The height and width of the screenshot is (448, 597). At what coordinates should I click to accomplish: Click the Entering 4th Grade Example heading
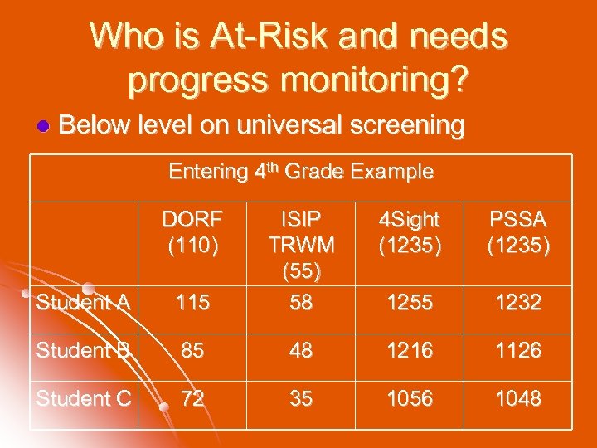point(301,172)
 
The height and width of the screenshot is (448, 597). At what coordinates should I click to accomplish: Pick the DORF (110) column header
point(192,233)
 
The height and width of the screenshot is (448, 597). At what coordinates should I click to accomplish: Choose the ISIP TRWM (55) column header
point(301,246)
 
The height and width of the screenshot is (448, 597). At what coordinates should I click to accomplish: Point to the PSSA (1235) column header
point(518,233)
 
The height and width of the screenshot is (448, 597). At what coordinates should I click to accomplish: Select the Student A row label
point(83,303)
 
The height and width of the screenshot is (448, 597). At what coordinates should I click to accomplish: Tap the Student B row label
point(83,351)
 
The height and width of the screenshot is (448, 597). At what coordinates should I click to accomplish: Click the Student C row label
point(83,399)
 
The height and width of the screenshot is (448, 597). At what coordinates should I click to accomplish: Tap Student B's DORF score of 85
point(192,351)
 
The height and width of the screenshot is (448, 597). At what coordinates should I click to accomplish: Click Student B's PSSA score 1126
point(518,351)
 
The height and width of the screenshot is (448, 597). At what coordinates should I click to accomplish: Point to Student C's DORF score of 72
point(192,399)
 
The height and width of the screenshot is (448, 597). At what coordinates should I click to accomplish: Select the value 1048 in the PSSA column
point(518,399)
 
